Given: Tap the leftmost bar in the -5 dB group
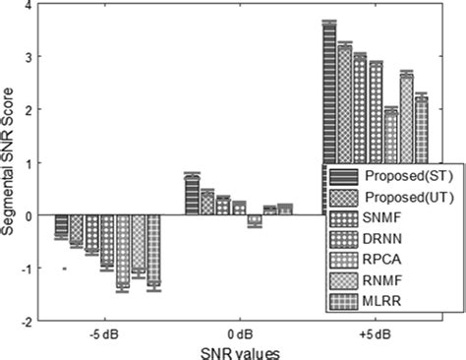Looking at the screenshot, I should click(61, 226).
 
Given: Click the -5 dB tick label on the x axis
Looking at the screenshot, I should click(101, 332).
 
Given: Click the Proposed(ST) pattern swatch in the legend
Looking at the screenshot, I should click(342, 177).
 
